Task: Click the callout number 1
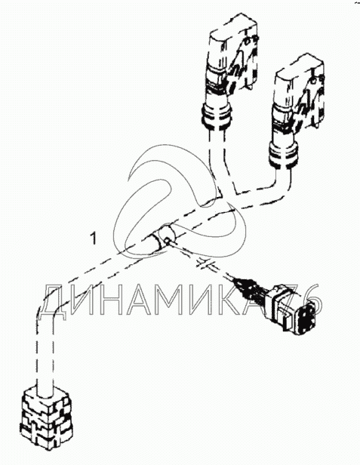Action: click(x=94, y=239)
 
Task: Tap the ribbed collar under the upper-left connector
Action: click(x=216, y=115)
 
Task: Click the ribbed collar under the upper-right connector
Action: click(x=283, y=154)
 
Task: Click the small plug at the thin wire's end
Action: click(x=292, y=309)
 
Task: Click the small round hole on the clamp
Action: click(x=168, y=241)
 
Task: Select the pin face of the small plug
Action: click(x=306, y=318)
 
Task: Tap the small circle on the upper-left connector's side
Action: click(x=246, y=42)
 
